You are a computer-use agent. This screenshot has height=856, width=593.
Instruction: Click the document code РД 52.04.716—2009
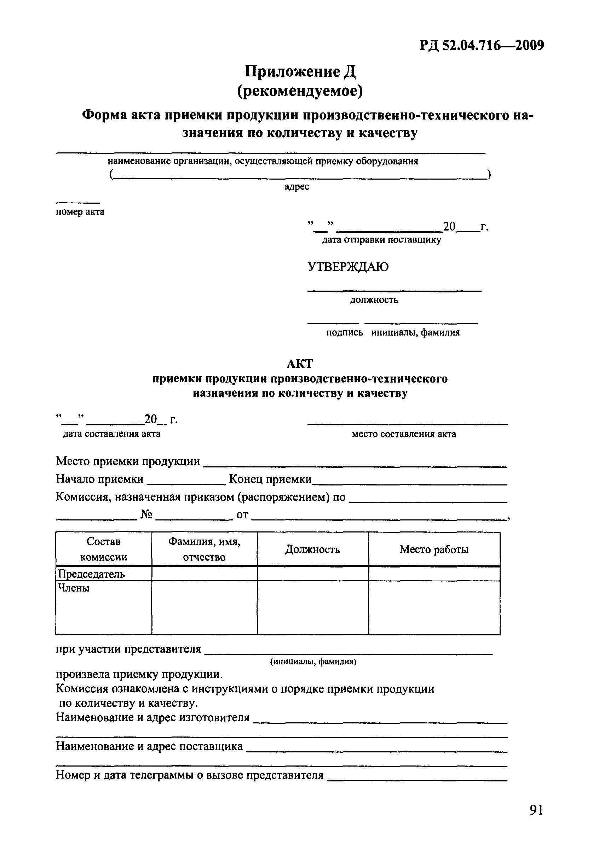(x=482, y=46)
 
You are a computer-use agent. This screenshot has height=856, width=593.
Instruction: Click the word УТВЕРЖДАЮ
(x=348, y=267)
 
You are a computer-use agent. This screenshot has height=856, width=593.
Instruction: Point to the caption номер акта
(x=80, y=212)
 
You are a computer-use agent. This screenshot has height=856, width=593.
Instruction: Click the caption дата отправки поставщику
(x=381, y=240)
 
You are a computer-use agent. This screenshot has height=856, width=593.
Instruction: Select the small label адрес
(x=296, y=187)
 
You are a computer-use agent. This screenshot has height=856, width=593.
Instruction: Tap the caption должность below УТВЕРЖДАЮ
(x=374, y=300)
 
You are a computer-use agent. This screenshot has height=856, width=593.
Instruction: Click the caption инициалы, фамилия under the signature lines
(x=415, y=333)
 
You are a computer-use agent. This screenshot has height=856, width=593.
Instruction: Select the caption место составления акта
(x=403, y=434)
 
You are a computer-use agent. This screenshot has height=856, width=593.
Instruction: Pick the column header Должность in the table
(x=312, y=549)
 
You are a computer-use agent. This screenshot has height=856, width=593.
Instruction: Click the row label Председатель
(x=91, y=574)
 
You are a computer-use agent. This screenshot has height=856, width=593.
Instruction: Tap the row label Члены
(x=74, y=588)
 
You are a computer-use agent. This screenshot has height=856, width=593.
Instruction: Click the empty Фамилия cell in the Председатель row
(x=204, y=574)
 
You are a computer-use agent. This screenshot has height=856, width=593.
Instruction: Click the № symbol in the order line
(x=146, y=514)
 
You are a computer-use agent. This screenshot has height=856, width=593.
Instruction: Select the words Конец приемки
(x=270, y=479)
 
